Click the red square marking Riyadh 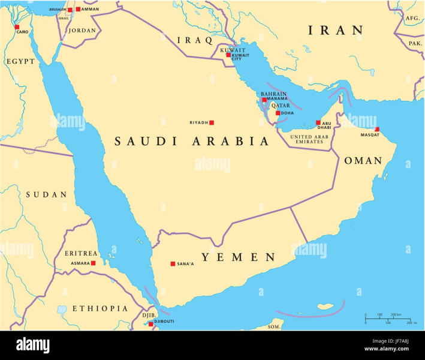click(x=211, y=122)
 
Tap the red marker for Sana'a click(x=173, y=263)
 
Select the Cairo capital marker click(x=17, y=27)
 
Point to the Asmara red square click(x=94, y=263)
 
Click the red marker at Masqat click(x=377, y=130)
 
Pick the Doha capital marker click(x=278, y=113)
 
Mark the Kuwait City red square click(x=228, y=55)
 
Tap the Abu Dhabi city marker click(x=318, y=123)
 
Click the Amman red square click(x=78, y=9)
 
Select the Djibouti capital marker click(x=151, y=324)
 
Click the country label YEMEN click(x=238, y=257)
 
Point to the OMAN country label click(x=363, y=161)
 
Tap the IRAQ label click(x=195, y=40)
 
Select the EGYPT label click(x=21, y=61)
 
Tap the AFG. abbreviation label click(x=412, y=19)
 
